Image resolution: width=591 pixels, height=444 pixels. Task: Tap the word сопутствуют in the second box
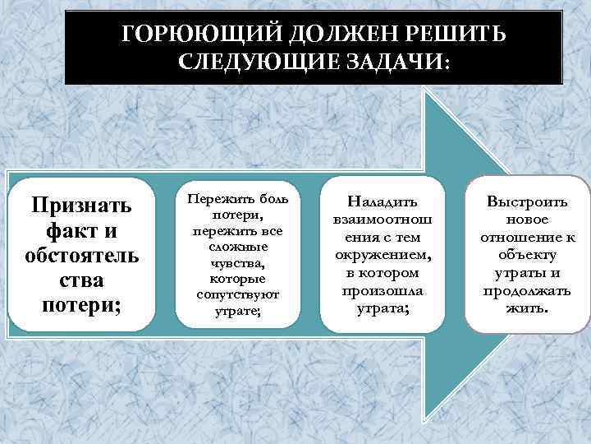(x=239, y=294)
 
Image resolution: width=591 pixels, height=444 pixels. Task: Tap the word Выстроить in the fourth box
(x=527, y=201)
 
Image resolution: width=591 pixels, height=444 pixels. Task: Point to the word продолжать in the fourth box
(x=527, y=292)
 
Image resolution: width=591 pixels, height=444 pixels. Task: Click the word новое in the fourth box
(x=527, y=220)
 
